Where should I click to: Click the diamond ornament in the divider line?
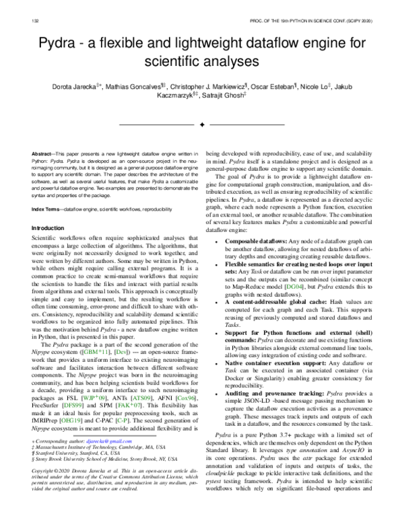coord(201,124)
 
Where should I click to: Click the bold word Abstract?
coord(44,155)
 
